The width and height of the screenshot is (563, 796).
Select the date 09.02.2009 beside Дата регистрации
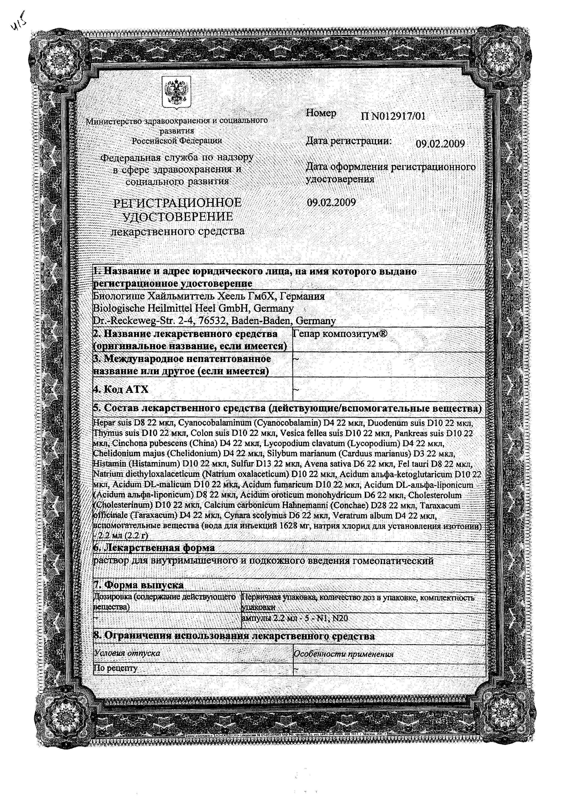pos(440,143)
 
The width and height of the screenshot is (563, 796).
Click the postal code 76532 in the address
pos(213,321)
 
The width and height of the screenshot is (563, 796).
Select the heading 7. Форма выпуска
pos(139,585)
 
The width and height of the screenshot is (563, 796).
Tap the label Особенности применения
pos(343,654)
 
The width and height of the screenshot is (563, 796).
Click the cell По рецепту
pos(116,668)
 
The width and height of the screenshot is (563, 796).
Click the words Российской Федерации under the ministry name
pos(177,140)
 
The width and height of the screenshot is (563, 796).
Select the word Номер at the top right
pos(321,113)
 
